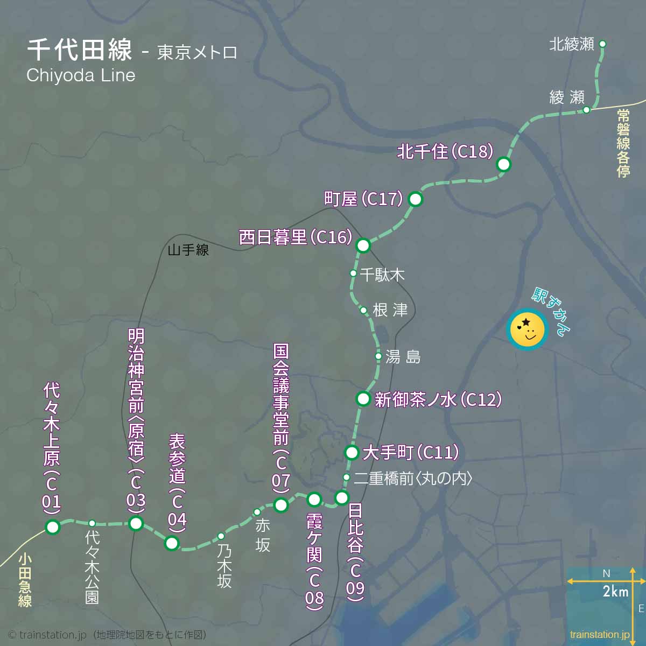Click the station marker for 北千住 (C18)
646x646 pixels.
point(503,164)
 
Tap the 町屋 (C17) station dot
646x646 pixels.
point(415,199)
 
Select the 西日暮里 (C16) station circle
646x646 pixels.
point(363,245)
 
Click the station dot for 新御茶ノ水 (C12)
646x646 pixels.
point(363,399)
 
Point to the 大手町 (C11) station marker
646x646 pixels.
point(352,452)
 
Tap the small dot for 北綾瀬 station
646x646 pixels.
point(602,44)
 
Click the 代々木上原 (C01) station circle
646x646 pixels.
point(52,527)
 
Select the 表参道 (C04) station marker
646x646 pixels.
point(172,543)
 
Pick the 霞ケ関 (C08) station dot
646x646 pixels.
point(314,500)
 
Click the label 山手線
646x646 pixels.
point(188,250)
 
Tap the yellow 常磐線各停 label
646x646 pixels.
point(623,143)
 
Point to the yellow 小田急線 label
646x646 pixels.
point(25,580)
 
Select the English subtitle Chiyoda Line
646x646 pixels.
point(81,75)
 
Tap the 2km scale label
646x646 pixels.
point(615,592)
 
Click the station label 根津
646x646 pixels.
point(390,310)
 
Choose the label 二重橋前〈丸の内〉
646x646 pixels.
point(413,478)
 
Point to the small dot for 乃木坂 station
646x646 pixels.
point(221,536)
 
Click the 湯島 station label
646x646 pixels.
point(403,356)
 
